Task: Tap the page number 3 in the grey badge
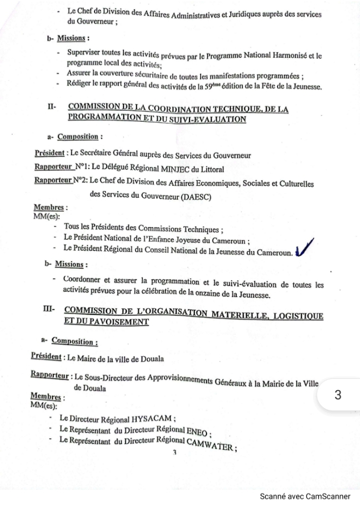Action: coord(338,395)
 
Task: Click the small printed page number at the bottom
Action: coord(175,452)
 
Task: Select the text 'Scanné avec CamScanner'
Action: coord(305,496)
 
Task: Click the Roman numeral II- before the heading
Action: coord(52,108)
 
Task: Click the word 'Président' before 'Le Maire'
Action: coord(45,356)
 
